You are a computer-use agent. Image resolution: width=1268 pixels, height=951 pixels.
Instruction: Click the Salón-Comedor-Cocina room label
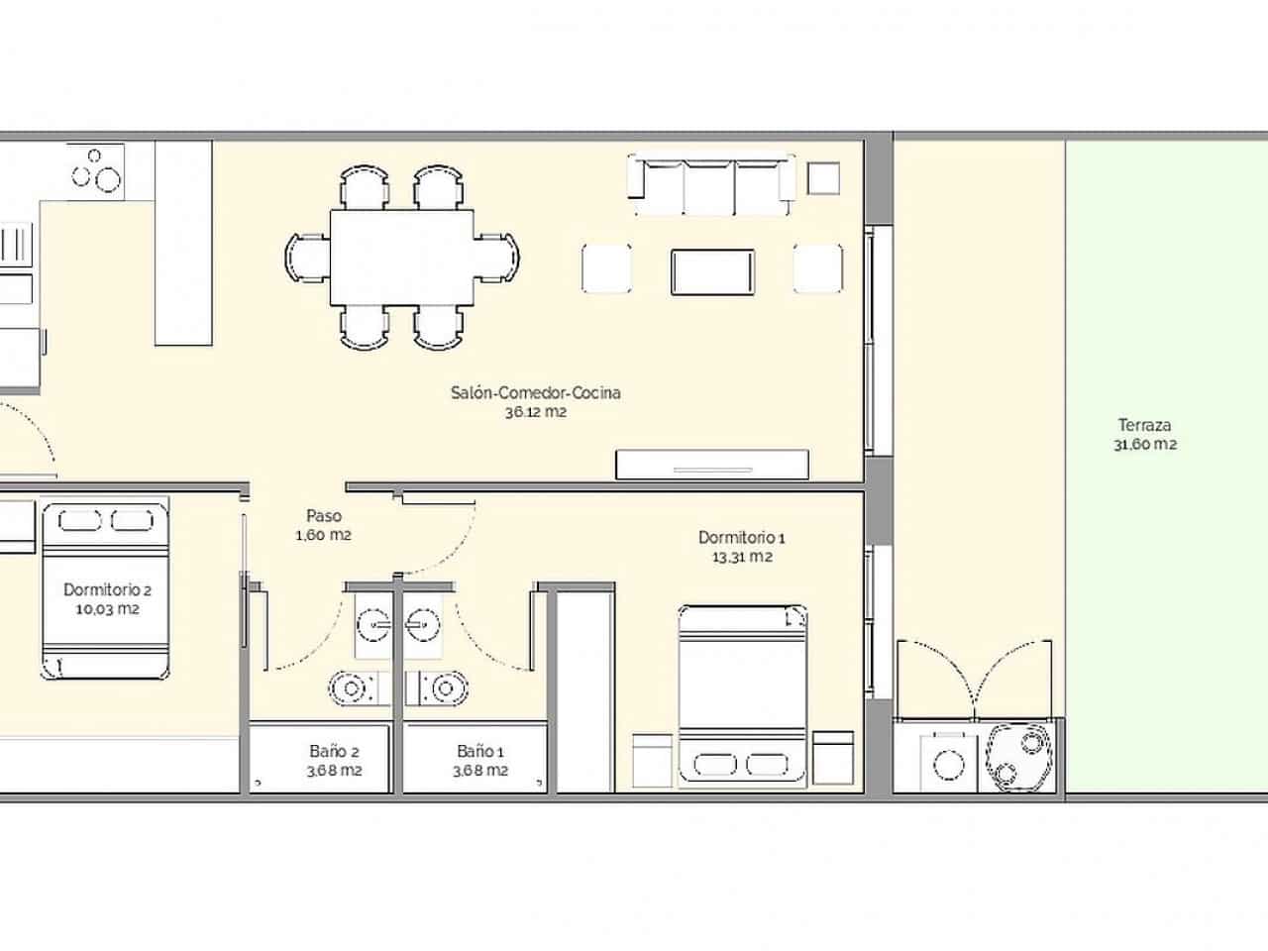point(535,392)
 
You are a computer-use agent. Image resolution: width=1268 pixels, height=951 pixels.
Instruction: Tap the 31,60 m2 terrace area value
point(1144,445)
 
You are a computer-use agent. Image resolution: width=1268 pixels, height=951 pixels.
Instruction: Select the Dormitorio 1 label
point(741,537)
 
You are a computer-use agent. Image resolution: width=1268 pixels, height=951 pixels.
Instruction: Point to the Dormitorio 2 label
point(107,589)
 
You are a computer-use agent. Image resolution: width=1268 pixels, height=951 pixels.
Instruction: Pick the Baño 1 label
point(480,751)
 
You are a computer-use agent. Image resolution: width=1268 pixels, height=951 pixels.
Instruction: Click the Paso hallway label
point(323,516)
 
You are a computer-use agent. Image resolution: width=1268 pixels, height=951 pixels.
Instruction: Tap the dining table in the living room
point(402,258)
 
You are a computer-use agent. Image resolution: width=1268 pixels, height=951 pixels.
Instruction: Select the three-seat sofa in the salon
point(711,184)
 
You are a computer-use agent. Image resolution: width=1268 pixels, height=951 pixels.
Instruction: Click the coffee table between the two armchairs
point(712,271)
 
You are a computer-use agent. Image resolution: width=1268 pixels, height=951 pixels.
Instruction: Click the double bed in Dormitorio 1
point(741,698)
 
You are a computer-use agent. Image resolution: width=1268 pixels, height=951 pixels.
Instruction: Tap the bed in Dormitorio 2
point(104,590)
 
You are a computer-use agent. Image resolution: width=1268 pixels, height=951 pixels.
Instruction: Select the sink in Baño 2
point(374,625)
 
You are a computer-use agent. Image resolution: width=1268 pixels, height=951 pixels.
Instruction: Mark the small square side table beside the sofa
point(823,178)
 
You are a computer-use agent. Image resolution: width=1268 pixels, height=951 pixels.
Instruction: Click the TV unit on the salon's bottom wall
point(711,465)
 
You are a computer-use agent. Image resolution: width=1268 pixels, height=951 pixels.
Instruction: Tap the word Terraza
point(1144,426)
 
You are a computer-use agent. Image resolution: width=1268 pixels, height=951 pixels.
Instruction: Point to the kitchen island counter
point(184,243)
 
